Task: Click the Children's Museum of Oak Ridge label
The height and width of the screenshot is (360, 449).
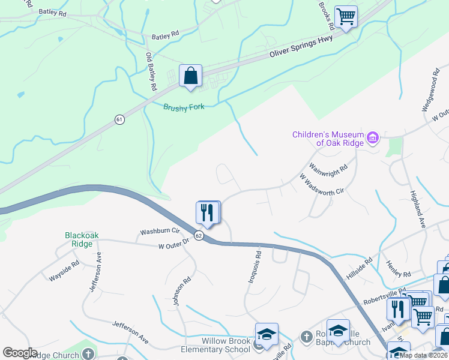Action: tap(327, 139)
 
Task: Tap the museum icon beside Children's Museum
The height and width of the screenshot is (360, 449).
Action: tap(373, 139)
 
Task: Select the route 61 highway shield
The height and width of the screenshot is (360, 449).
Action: tap(119, 120)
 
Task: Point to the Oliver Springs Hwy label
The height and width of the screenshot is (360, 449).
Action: tap(301, 46)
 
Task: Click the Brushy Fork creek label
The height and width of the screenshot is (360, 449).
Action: tap(184, 107)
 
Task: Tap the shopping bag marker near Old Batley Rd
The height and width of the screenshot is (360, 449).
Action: tap(190, 77)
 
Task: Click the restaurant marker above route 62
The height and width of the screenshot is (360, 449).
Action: tap(207, 213)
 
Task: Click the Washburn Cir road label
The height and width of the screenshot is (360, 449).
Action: tap(160, 231)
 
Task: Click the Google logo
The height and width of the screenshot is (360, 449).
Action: tap(20, 353)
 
